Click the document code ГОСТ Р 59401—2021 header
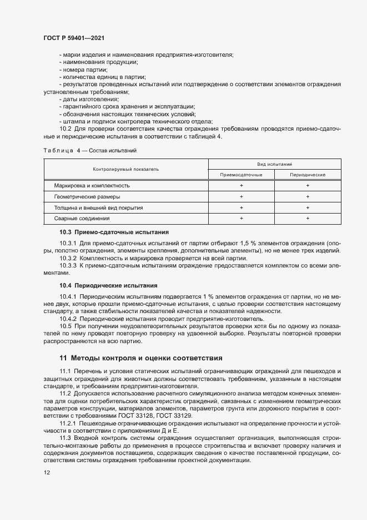tap(73, 38)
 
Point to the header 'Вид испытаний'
tap(274, 164)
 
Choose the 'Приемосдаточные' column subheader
tap(241, 175)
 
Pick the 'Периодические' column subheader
tap(308, 175)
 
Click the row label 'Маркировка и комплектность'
tap(92, 185)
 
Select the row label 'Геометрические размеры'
tap(87, 196)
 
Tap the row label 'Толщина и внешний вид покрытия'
tap(98, 207)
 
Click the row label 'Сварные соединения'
tap(82, 219)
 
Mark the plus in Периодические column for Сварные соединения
tap(308, 219)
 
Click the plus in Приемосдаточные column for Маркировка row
tap(241, 185)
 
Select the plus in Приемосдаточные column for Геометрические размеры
tap(241, 196)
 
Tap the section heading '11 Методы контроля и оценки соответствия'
tap(141, 358)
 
